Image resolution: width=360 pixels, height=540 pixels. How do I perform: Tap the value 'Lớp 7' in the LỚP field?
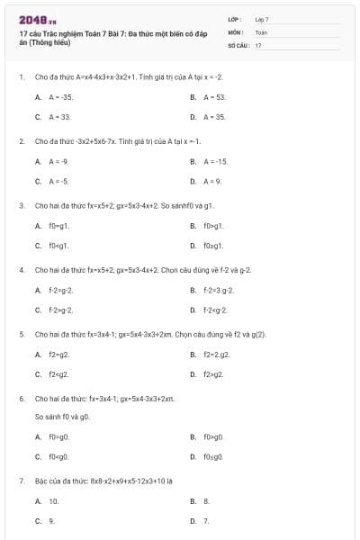click(262, 19)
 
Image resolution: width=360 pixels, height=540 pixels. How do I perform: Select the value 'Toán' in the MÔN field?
click(261, 31)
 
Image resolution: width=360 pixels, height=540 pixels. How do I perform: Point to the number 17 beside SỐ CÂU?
click(258, 44)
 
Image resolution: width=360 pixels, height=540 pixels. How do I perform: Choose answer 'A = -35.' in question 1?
click(61, 96)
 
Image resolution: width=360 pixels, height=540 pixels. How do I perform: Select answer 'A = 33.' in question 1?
click(59, 117)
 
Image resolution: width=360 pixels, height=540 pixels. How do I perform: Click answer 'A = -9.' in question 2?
click(58, 161)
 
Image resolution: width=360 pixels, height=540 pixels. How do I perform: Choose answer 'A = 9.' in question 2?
click(212, 181)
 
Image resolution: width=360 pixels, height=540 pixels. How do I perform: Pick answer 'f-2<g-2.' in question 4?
click(216, 310)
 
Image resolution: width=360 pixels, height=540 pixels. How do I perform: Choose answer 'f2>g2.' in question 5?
click(213, 373)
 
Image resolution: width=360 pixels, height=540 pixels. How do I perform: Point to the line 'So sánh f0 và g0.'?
click(62, 417)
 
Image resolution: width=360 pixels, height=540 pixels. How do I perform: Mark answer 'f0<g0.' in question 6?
click(58, 456)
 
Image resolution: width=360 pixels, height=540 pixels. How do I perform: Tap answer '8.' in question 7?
click(206, 500)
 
